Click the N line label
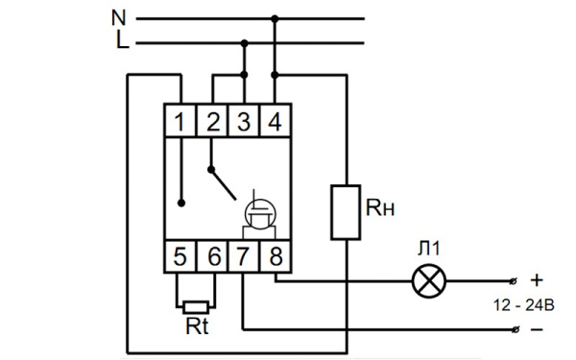click(x=118, y=17)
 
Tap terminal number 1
click(x=180, y=122)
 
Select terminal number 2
click(x=212, y=122)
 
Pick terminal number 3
click(x=244, y=122)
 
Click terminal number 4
click(x=276, y=122)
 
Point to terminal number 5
click(x=180, y=256)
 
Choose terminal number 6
click(x=212, y=256)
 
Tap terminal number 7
click(x=244, y=256)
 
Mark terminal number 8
click(x=276, y=256)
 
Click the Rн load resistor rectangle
click(x=345, y=212)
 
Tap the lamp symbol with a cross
click(x=425, y=282)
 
